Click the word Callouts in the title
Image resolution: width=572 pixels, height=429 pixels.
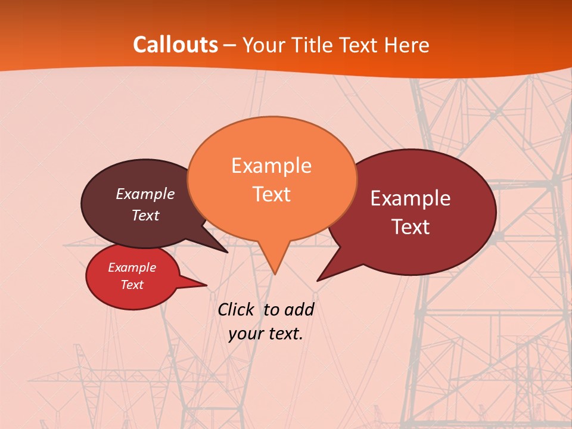pos(175,45)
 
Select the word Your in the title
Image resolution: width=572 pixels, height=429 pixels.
pos(265,45)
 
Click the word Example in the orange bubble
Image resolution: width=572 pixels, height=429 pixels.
pos(272,166)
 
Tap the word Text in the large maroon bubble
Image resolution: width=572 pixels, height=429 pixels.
pos(411,227)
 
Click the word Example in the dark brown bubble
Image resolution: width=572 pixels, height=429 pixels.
pos(145,194)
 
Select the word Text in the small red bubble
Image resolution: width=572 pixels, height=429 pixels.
pos(132,285)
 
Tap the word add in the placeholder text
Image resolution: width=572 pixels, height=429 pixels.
pos(299,310)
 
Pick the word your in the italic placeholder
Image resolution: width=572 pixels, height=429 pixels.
pos(245,334)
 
